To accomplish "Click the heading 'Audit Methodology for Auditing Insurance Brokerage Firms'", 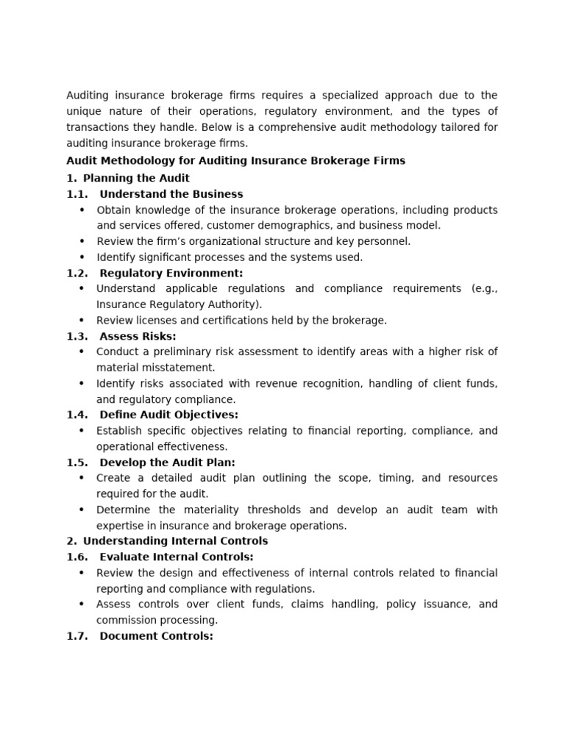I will [235, 160].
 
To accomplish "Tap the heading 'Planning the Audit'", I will [136, 178].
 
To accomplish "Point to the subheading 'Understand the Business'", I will [171, 194].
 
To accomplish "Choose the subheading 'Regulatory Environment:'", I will [171, 273].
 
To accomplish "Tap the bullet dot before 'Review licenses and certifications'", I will [81, 321].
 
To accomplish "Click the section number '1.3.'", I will [77, 336].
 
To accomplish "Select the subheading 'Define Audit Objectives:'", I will [168, 415].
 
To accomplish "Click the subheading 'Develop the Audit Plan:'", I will [167, 463].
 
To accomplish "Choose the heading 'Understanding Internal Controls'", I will [175, 541].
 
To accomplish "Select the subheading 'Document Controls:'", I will [156, 636].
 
